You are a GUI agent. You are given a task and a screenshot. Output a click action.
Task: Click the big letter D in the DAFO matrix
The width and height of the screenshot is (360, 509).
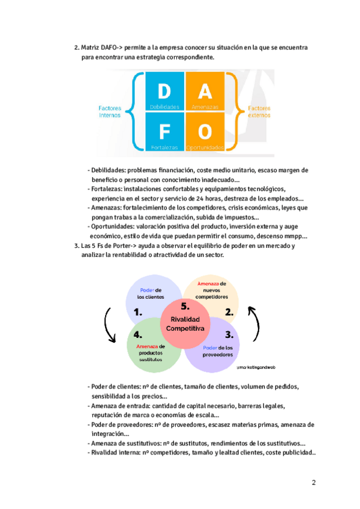[x=164, y=92]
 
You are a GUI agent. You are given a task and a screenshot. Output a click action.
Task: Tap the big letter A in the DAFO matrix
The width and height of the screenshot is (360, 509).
[x=205, y=92]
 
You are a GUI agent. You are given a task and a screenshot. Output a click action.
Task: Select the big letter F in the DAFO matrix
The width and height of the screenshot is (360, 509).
[x=164, y=132]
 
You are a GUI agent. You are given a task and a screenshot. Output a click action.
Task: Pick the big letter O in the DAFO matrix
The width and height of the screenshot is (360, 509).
[x=205, y=132]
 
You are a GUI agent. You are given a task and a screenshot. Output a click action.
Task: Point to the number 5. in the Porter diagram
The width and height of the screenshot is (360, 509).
[x=185, y=306]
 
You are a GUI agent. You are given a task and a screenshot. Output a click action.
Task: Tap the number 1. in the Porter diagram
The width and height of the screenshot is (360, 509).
[x=138, y=312]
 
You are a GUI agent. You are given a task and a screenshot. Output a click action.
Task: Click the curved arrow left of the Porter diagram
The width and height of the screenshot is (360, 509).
[x=110, y=325]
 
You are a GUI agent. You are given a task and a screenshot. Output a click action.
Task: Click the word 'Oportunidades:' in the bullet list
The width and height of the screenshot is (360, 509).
[x=112, y=227]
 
